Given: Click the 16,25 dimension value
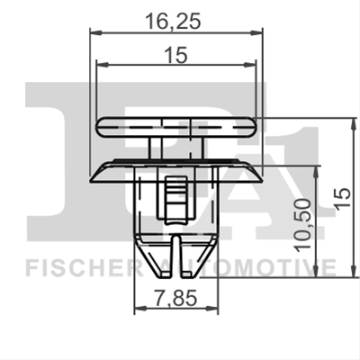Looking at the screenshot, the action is (173, 22).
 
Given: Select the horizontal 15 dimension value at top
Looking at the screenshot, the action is (176, 55).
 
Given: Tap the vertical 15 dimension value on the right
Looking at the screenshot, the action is (343, 198).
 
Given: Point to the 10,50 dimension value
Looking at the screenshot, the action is (302, 226).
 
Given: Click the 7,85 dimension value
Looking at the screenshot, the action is (176, 298).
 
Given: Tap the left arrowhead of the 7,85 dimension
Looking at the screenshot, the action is (140, 308).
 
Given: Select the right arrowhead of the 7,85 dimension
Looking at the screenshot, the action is (211, 308).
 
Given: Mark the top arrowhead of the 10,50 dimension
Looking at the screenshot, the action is (316, 172).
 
